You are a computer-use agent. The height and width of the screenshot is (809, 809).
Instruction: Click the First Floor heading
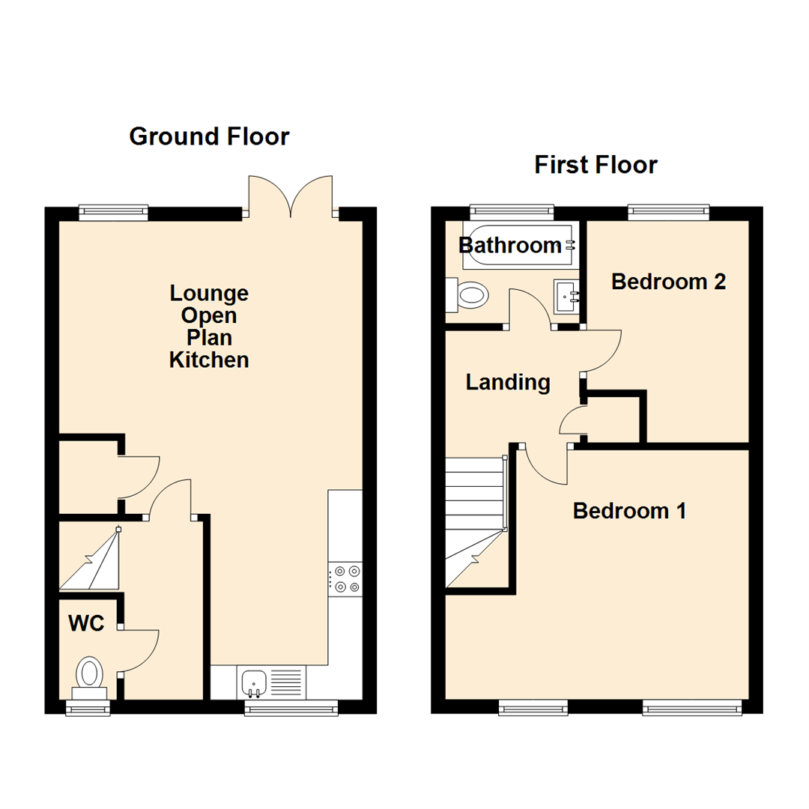tap(596, 164)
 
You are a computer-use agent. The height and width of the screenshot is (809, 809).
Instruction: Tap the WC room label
tap(87, 624)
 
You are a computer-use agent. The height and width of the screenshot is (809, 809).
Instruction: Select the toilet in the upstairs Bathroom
tap(467, 294)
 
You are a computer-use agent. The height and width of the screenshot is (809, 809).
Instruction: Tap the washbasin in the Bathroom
tap(566, 297)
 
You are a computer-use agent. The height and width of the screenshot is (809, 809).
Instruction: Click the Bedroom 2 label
tap(669, 282)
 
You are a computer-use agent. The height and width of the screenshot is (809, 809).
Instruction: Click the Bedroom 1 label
tap(629, 511)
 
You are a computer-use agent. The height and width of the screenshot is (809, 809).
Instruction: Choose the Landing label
tap(508, 383)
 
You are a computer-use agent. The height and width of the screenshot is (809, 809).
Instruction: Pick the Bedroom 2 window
tap(668, 212)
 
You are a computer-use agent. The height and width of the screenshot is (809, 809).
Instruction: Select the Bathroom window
tap(512, 212)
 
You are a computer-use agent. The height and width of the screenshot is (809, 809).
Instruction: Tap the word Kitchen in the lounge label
tap(209, 360)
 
